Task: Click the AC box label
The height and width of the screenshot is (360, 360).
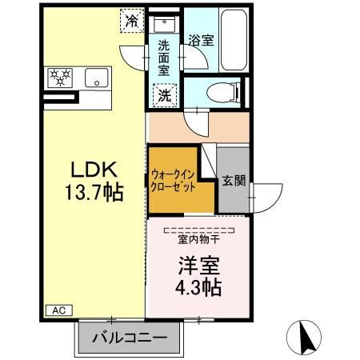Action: pos(59,310)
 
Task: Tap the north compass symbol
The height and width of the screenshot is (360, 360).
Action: pos(304,338)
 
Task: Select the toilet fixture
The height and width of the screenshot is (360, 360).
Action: pos(223,93)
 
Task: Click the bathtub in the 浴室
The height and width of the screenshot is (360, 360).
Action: pos(234,40)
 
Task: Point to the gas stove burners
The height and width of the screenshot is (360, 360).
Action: pos(60,78)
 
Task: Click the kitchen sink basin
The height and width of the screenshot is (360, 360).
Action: pos(97,78)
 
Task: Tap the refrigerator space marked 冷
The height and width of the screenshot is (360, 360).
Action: pos(132,21)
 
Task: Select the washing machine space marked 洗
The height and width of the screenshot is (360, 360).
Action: pos(165,95)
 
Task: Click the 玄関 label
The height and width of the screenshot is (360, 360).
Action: pos(234,181)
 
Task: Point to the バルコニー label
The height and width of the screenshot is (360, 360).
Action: pos(130,338)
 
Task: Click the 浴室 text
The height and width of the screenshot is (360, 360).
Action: pos(201,40)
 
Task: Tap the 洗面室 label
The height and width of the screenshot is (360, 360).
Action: pos(164,58)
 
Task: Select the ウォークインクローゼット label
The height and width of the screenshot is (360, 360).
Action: pos(173,181)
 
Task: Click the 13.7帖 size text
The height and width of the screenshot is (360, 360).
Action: pos(94,192)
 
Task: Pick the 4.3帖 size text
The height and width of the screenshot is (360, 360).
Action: pos(198,287)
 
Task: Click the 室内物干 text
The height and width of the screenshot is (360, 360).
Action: pos(198,239)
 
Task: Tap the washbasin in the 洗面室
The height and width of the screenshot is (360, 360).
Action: pos(164,24)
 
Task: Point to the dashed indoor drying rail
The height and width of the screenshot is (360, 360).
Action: pos(199,230)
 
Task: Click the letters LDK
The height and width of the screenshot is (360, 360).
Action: pos(94,170)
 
